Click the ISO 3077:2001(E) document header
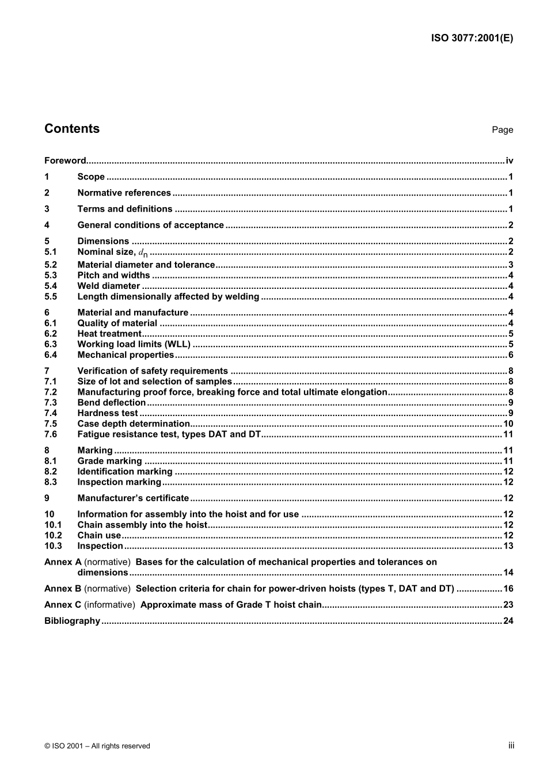pyautogui.click(x=472, y=39)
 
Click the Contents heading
pyautogui.click(x=72, y=129)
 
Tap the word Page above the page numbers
pyautogui.click(x=502, y=130)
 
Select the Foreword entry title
pyautogui.click(x=65, y=161)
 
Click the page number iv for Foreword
pyautogui.click(x=509, y=161)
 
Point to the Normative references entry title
pyautogui.click(x=124, y=193)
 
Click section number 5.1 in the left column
pyautogui.click(x=51, y=252)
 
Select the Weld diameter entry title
pyautogui.click(x=108, y=286)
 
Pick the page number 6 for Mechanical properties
pyautogui.click(x=511, y=355)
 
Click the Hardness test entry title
pyautogui.click(x=108, y=413)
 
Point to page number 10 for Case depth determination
pyautogui.click(x=508, y=424)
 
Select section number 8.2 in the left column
pyautogui.click(x=51, y=472)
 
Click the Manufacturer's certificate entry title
pyautogui.click(x=133, y=498)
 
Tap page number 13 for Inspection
pyautogui.click(x=508, y=546)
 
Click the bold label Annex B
pyautogui.click(x=63, y=589)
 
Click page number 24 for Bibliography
pyautogui.click(x=508, y=621)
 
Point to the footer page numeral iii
pyautogui.click(x=511, y=746)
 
